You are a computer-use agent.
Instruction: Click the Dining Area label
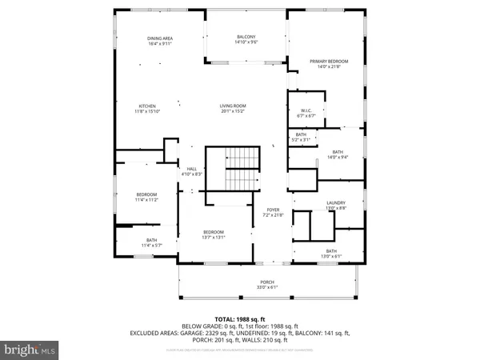pos(160,38)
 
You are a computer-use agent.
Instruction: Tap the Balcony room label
pos(246,37)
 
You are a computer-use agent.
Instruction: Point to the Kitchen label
pos(147,106)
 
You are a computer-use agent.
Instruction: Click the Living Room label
pos(234,106)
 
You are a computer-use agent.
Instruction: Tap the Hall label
pos(192,168)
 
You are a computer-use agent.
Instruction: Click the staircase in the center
pos(233,169)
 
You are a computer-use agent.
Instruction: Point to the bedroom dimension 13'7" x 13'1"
pos(214,237)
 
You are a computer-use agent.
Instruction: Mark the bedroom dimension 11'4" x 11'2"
pos(146,200)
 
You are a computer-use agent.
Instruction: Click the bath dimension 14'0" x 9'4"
pos(338,157)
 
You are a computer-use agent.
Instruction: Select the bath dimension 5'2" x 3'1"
pos(301,140)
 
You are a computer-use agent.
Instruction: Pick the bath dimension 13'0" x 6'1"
pos(331,256)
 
